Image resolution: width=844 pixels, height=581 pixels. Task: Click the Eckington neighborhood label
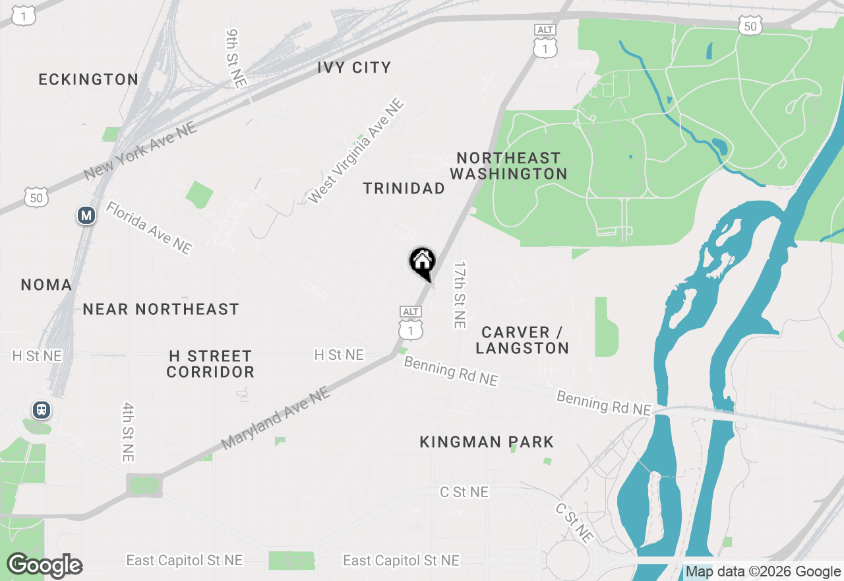pos(88,79)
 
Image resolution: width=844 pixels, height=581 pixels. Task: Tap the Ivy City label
pos(354,67)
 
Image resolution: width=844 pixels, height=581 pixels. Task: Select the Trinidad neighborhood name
pos(404,189)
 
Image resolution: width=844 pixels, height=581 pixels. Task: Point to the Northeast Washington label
pos(508,166)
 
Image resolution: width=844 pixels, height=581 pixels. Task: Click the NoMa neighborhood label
pos(46,285)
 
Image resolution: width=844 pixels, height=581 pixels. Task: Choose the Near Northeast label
pos(160,309)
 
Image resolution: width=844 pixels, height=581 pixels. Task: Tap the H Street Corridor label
pos(210,364)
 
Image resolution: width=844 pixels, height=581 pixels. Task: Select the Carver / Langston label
pos(522,340)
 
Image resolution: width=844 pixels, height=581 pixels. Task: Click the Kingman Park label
pos(487,442)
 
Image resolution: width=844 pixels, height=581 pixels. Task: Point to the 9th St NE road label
pos(236,58)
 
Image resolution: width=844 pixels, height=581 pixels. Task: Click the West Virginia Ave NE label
pos(355,151)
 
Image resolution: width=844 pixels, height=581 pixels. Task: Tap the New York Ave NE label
pos(140,151)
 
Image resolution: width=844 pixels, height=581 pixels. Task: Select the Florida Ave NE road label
pos(149,228)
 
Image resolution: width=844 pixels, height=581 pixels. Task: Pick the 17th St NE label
pos(460,294)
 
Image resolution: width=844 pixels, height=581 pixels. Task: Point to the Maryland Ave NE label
pos(275,418)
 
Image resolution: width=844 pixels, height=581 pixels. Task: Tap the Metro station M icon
pos(86,215)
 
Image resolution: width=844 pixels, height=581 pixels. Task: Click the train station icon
pos(42,410)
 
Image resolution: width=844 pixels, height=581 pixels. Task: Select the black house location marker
pos(422,263)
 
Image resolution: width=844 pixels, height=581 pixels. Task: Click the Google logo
pos(45,565)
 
